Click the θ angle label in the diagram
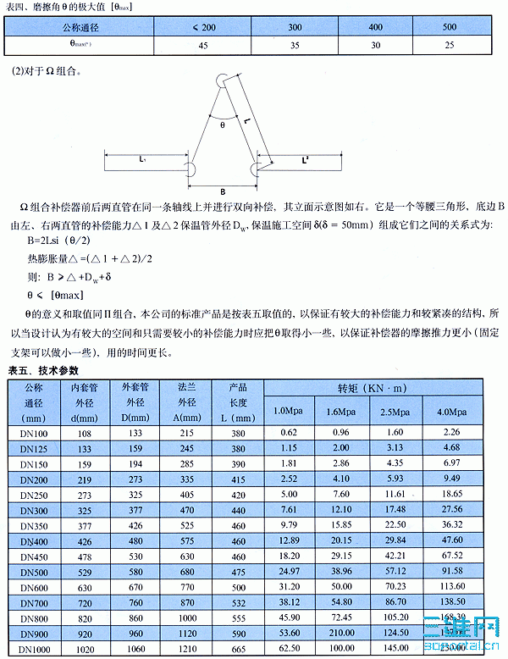pyautogui.click(x=223, y=124)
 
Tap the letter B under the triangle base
pyautogui.click(x=222, y=191)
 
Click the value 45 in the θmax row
pyautogui.click(x=202, y=45)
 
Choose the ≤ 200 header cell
pyautogui.click(x=202, y=27)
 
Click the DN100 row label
pyautogui.click(x=34, y=433)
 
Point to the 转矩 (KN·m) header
pyautogui.click(x=373, y=387)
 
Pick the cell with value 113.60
pyautogui.click(x=451, y=586)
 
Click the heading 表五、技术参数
pyautogui.click(x=43, y=371)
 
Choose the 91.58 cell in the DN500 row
pyautogui.click(x=451, y=571)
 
